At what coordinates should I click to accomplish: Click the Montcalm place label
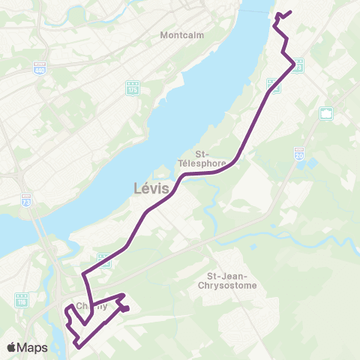178,35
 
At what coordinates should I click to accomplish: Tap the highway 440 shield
40,67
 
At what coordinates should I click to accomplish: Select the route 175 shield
133,88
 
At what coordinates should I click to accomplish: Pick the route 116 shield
22,300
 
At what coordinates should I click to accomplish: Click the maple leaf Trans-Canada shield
326,113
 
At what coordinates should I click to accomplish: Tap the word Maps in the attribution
33,347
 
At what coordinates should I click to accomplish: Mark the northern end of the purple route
290,11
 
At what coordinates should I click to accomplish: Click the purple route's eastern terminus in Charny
128,307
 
